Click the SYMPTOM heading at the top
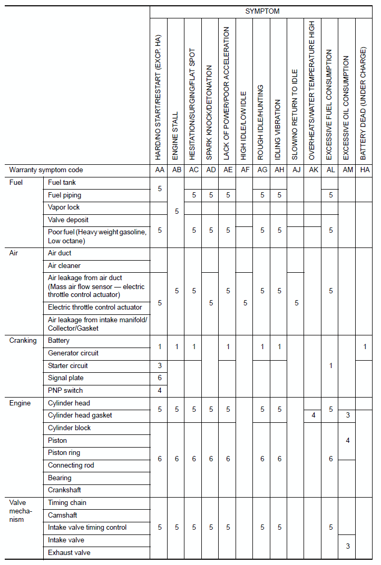pos(262,11)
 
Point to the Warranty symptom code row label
pos(46,170)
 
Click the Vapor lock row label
pos(64,207)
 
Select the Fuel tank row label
pos(62,183)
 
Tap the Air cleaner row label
pos(64,266)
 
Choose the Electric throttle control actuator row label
pos(95,307)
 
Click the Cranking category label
pos(23,341)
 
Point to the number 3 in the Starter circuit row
pos(160,365)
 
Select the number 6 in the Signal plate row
pos(160,378)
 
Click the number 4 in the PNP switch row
pos(160,391)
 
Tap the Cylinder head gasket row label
pos(80,415)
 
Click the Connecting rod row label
pos(71,465)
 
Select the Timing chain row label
pos(67,503)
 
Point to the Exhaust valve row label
pos(69,553)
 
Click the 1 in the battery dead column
pos(364,346)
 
